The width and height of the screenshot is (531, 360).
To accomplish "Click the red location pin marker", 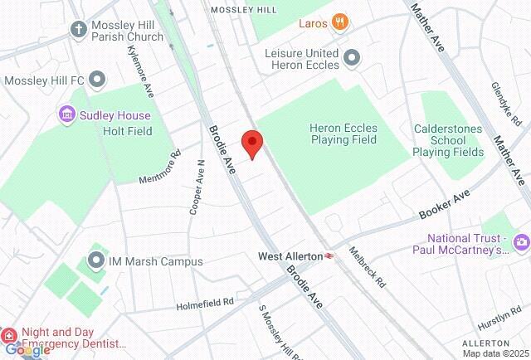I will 252,144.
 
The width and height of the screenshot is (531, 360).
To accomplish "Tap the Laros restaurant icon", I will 339,22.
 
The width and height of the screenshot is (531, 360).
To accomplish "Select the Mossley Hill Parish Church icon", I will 79,29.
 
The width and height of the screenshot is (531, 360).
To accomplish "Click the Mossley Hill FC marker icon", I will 98,80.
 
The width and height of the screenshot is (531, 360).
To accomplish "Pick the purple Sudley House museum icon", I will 67,114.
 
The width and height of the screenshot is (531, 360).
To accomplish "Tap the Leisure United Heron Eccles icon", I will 353,57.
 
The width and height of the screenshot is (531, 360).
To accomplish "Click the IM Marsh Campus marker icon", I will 97,261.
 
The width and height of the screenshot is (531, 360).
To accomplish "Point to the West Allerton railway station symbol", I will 330,256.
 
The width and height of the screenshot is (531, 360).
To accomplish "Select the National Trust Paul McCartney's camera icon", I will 522,242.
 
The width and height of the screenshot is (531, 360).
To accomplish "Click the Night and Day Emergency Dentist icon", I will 9,336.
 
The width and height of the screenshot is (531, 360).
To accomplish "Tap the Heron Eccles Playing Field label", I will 343,134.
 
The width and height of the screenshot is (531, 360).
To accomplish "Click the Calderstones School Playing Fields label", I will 448,140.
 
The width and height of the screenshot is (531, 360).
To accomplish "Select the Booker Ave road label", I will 445,200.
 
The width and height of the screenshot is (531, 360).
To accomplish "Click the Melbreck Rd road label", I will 367,267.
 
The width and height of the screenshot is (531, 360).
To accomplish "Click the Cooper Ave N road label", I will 197,187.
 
